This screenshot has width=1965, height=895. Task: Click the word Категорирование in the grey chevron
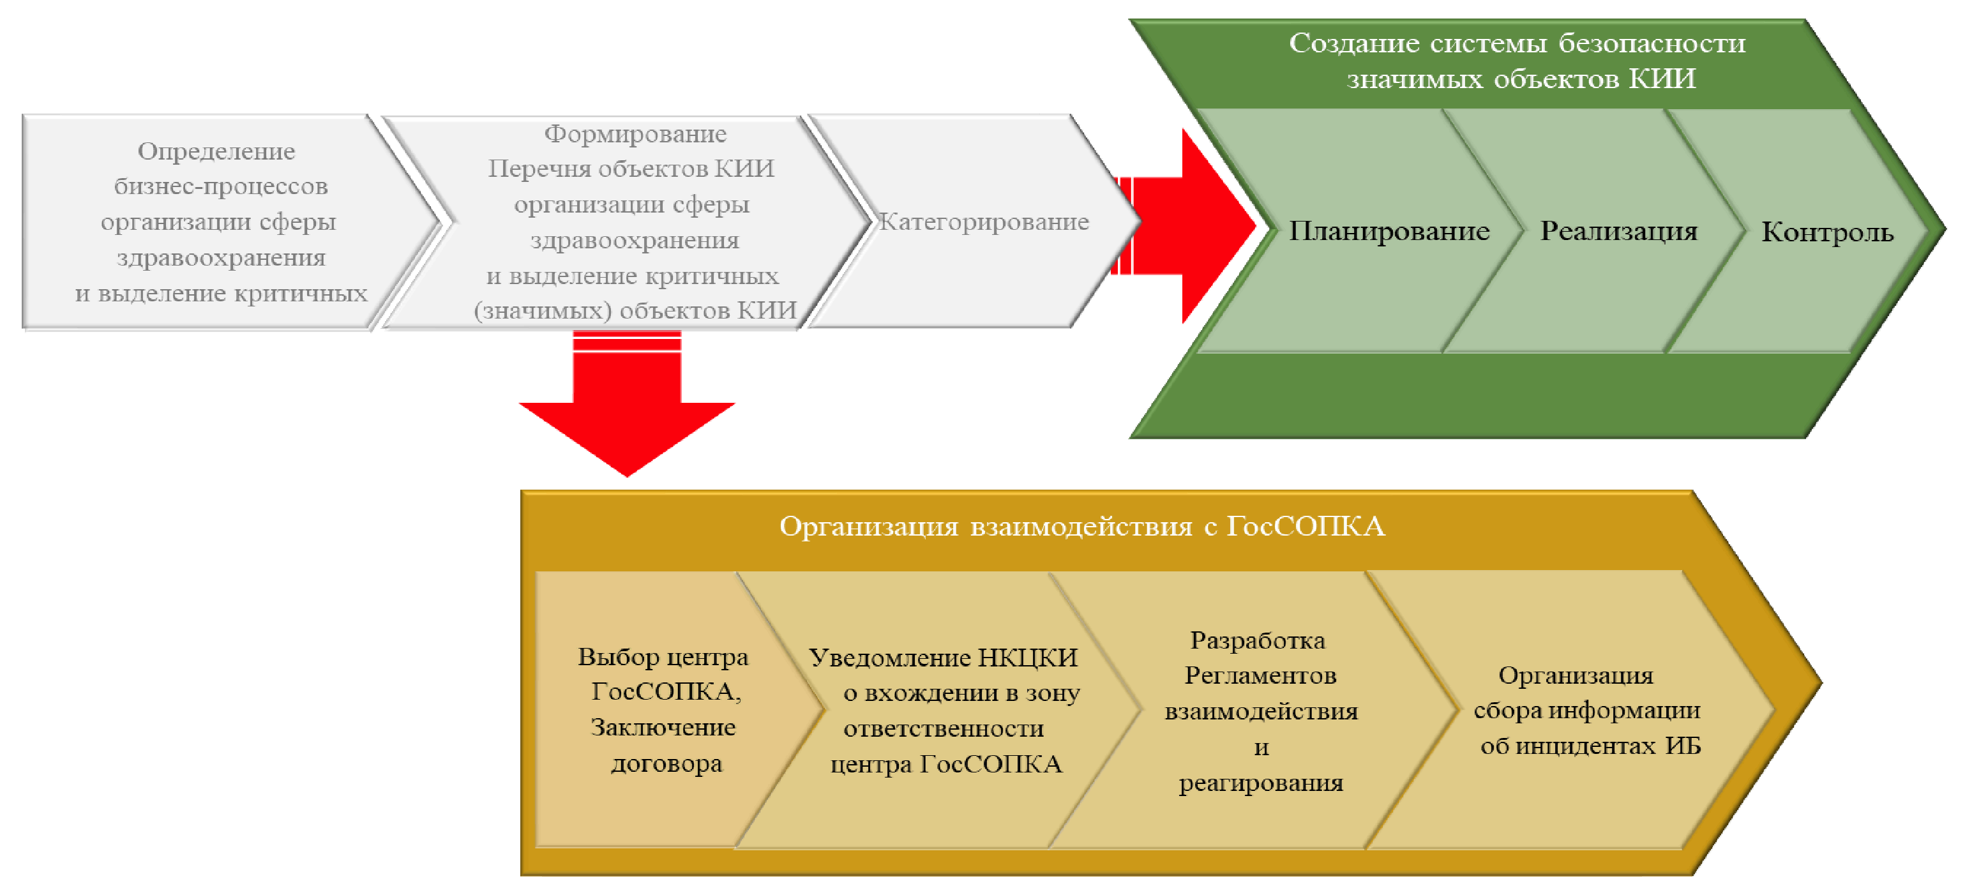click(x=984, y=222)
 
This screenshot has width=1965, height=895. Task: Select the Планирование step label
click(x=1389, y=230)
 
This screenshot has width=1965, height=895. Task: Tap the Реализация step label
click(x=1619, y=230)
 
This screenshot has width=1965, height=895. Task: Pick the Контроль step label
click(x=1827, y=232)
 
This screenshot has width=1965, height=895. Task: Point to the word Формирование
click(x=635, y=134)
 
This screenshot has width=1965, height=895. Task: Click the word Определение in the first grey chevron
click(x=216, y=151)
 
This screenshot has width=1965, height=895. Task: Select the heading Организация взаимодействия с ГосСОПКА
click(x=1081, y=527)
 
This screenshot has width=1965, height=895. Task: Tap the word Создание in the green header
click(x=1354, y=43)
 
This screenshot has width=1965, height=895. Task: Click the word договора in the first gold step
click(x=666, y=763)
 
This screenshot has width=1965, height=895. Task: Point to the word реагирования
click(x=1261, y=783)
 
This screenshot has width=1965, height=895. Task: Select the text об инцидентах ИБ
click(x=1590, y=746)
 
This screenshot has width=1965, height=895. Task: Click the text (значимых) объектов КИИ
click(x=635, y=310)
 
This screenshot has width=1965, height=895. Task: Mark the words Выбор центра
click(x=663, y=657)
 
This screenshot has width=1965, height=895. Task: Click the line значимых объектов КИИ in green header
click(x=1521, y=79)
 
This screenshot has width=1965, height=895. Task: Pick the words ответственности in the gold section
click(x=944, y=728)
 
